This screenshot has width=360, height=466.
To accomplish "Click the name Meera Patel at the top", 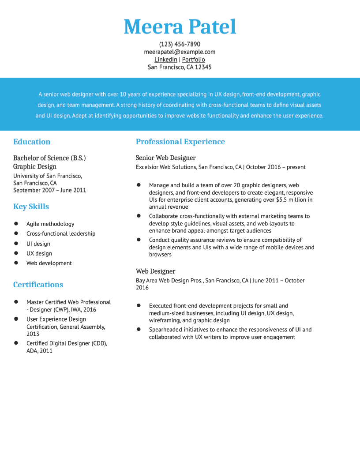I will click(x=180, y=27).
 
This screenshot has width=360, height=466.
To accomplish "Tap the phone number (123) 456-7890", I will click(x=180, y=44).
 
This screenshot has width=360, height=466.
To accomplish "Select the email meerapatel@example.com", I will click(x=180, y=52).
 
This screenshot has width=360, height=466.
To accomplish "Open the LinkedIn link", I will click(x=166, y=60).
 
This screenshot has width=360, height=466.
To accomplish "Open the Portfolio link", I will click(x=194, y=60).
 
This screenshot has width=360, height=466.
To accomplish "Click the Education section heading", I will click(x=32, y=142).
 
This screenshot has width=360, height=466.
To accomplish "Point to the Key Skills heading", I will click(x=31, y=207).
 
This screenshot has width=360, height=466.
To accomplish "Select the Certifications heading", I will click(x=38, y=285).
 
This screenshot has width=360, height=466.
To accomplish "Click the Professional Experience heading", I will click(x=180, y=142).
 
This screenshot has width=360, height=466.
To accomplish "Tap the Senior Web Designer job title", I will click(x=165, y=158).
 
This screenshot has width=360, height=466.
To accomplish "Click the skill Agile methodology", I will click(x=50, y=224).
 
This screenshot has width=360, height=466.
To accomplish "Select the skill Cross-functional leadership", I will click(x=61, y=234).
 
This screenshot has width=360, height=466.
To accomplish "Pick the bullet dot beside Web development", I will click(x=16, y=263).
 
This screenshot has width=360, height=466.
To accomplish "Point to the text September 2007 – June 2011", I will click(x=49, y=190).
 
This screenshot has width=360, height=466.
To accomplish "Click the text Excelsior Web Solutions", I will click(x=166, y=167).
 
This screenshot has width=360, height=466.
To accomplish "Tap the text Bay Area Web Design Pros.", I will click(x=169, y=281).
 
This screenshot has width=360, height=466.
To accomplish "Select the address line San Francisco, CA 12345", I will click(x=180, y=67).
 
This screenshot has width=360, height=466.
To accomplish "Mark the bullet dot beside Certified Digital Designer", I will click(x=16, y=343).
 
